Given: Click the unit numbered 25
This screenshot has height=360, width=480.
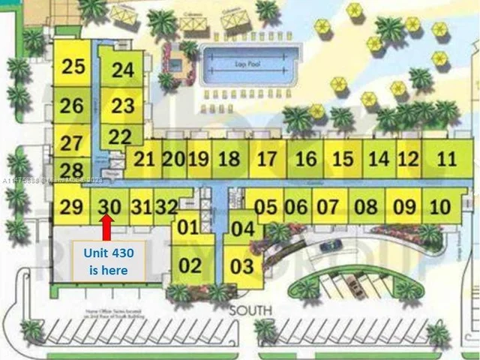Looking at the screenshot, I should (73, 67).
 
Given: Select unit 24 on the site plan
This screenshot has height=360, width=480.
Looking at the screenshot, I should (122, 70).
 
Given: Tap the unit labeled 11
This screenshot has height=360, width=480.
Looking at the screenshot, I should (446, 159).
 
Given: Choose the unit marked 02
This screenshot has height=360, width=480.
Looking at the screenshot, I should (190, 265).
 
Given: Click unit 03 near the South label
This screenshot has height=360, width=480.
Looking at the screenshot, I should (242, 265).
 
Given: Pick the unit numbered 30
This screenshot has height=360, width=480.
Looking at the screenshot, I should (109, 205).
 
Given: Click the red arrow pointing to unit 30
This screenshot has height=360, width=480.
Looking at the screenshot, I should (107, 226).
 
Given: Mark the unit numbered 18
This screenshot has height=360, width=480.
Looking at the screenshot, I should (230, 159).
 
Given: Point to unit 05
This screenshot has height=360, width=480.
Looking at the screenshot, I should (265, 206).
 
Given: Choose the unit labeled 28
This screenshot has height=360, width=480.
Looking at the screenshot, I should (71, 171).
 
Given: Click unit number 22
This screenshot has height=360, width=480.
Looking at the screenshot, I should (119, 136).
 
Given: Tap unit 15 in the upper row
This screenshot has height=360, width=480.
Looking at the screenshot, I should (342, 159).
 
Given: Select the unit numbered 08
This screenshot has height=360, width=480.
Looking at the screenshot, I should (365, 206).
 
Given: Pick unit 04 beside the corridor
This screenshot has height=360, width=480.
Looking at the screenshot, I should (242, 229).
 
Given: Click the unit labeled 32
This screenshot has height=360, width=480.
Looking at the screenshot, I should (166, 205).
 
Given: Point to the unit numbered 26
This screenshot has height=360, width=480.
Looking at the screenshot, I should (72, 105).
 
